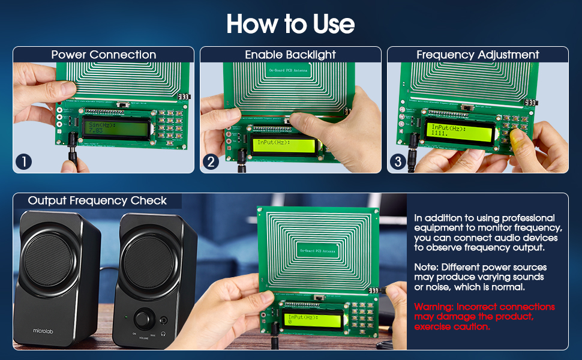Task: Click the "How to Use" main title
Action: click(x=290, y=24)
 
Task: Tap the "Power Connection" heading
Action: click(x=103, y=55)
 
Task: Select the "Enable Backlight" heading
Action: click(x=290, y=55)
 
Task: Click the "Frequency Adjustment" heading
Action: click(x=478, y=55)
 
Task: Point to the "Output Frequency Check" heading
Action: click(x=97, y=200)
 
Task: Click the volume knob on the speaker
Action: click(x=144, y=319)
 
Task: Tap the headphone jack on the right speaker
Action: click(x=163, y=320)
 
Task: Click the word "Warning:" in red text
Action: click(x=434, y=307)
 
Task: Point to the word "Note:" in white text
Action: click(x=426, y=267)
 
